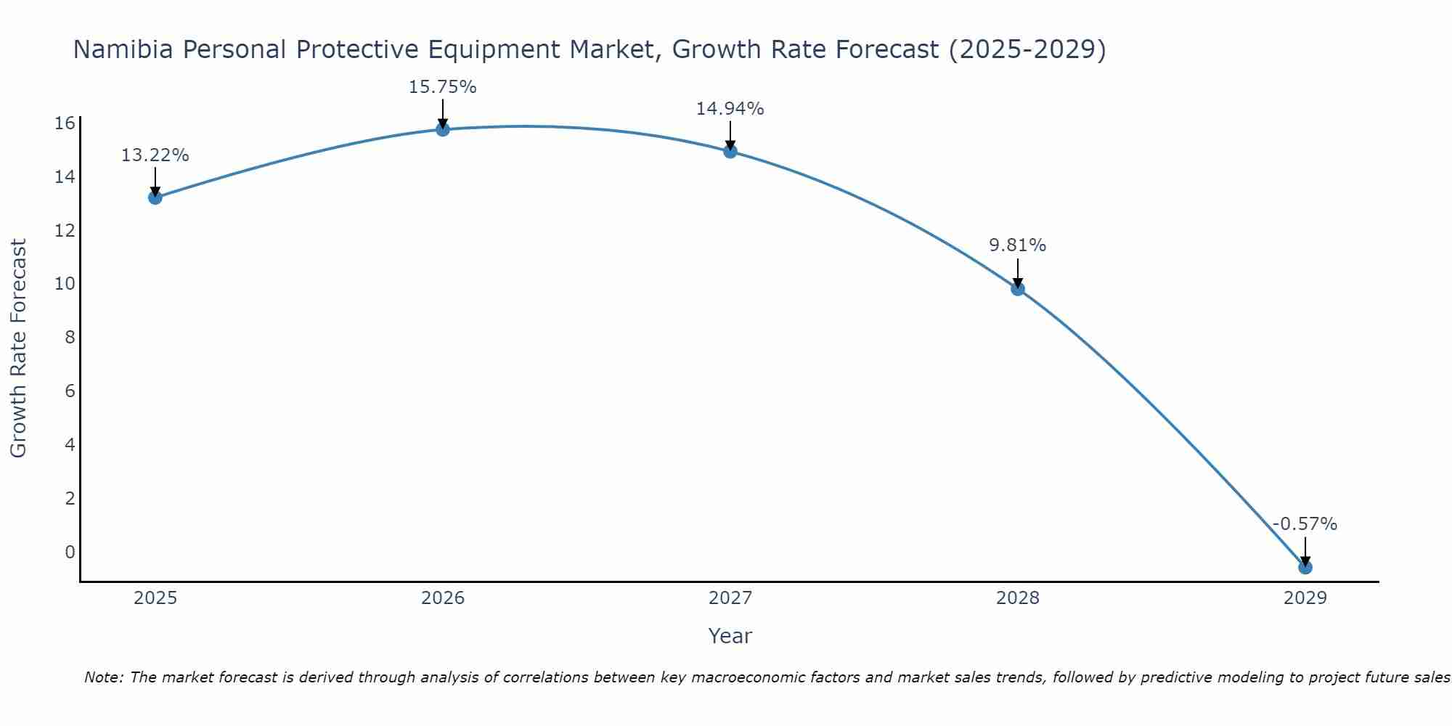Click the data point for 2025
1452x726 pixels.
pyautogui.click(x=155, y=197)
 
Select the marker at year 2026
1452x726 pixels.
pyautogui.click(x=443, y=129)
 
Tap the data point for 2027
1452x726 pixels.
pyautogui.click(x=730, y=151)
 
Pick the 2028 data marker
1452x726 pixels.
pyautogui.click(x=1018, y=289)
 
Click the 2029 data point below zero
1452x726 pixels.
pyautogui.click(x=1305, y=567)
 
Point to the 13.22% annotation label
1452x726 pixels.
pyautogui.click(x=155, y=155)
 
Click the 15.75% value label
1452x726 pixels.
pyautogui.click(x=442, y=87)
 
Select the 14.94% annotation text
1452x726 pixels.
pyautogui.click(x=730, y=109)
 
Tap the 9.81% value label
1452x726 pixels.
pyautogui.click(x=1017, y=245)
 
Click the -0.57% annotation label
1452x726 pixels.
pyautogui.click(x=1305, y=524)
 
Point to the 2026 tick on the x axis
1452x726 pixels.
pyautogui.click(x=443, y=598)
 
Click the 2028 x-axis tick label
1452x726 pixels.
pyautogui.click(x=1018, y=598)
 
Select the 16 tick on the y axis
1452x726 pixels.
pyautogui.click(x=65, y=123)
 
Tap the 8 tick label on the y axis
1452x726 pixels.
pyautogui.click(x=70, y=338)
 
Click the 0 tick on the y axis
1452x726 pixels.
pyautogui.click(x=70, y=552)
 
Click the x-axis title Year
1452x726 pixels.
pyautogui.click(x=730, y=636)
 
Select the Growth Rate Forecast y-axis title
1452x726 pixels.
pyautogui.click(x=19, y=348)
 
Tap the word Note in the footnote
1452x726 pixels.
pyautogui.click(x=104, y=677)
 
